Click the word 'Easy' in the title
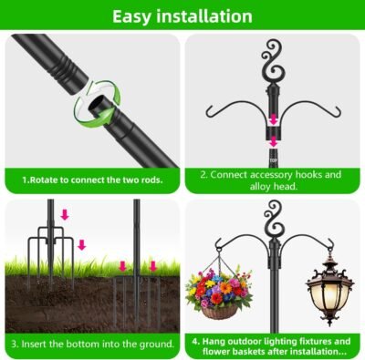coord(131,16)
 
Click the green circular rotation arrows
coord(98,102)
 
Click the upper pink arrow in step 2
coord(274,118)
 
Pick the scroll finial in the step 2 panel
coord(274,62)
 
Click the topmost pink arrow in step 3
coord(65,215)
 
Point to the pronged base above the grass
coord(51,243)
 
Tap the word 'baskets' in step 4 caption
coord(249,352)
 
